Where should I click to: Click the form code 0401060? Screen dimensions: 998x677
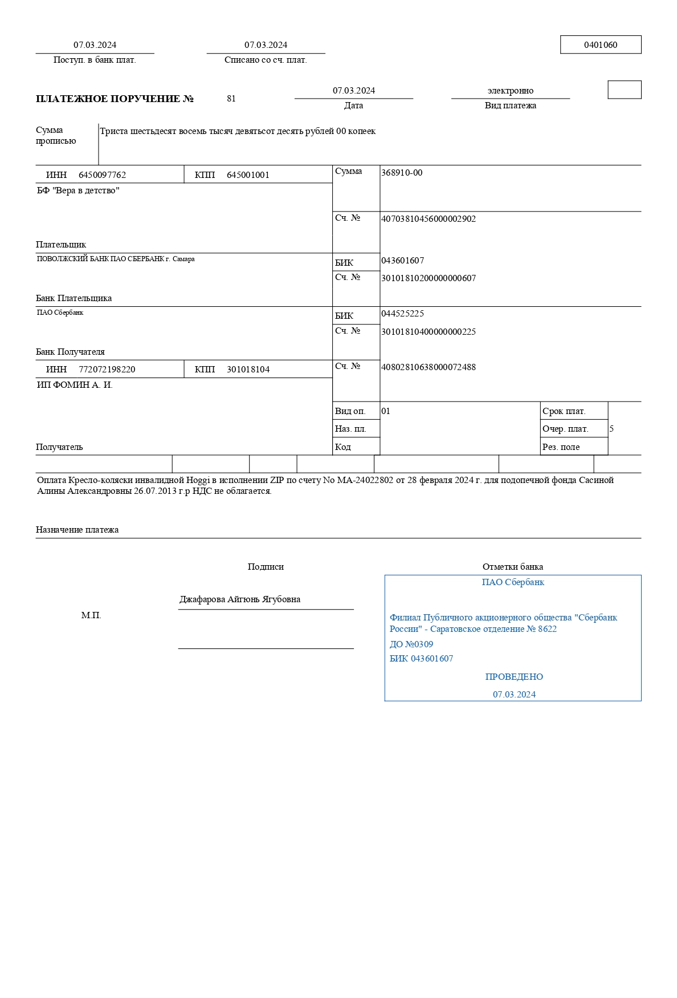coord(600,45)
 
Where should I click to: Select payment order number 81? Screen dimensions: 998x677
coord(231,99)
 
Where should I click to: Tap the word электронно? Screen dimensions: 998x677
coord(510,91)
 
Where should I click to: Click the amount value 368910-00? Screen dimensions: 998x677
coord(402,173)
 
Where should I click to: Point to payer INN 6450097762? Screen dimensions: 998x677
coord(102,175)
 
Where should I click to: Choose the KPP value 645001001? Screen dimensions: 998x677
coord(248,175)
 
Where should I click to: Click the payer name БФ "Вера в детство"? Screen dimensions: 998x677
coord(78,190)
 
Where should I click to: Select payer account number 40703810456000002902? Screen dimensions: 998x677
coord(428,219)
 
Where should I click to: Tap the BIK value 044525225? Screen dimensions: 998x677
coord(402,314)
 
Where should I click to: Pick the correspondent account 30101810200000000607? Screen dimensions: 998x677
coord(428,278)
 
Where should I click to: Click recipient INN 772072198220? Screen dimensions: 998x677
coord(107,370)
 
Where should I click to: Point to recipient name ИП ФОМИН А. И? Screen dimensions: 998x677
coord(75,385)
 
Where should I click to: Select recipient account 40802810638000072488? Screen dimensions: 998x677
coord(428,367)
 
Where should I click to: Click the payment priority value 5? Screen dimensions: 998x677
coord(611,429)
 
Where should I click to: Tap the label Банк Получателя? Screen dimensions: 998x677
coord(70,352)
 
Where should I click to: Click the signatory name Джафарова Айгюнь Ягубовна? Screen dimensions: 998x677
coord(240,599)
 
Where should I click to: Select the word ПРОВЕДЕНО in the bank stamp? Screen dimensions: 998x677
coord(514,677)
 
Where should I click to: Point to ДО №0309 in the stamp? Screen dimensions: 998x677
coord(411,644)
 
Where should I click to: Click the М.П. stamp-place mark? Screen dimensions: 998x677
coord(91,616)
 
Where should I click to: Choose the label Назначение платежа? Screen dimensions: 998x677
coord(77,530)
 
